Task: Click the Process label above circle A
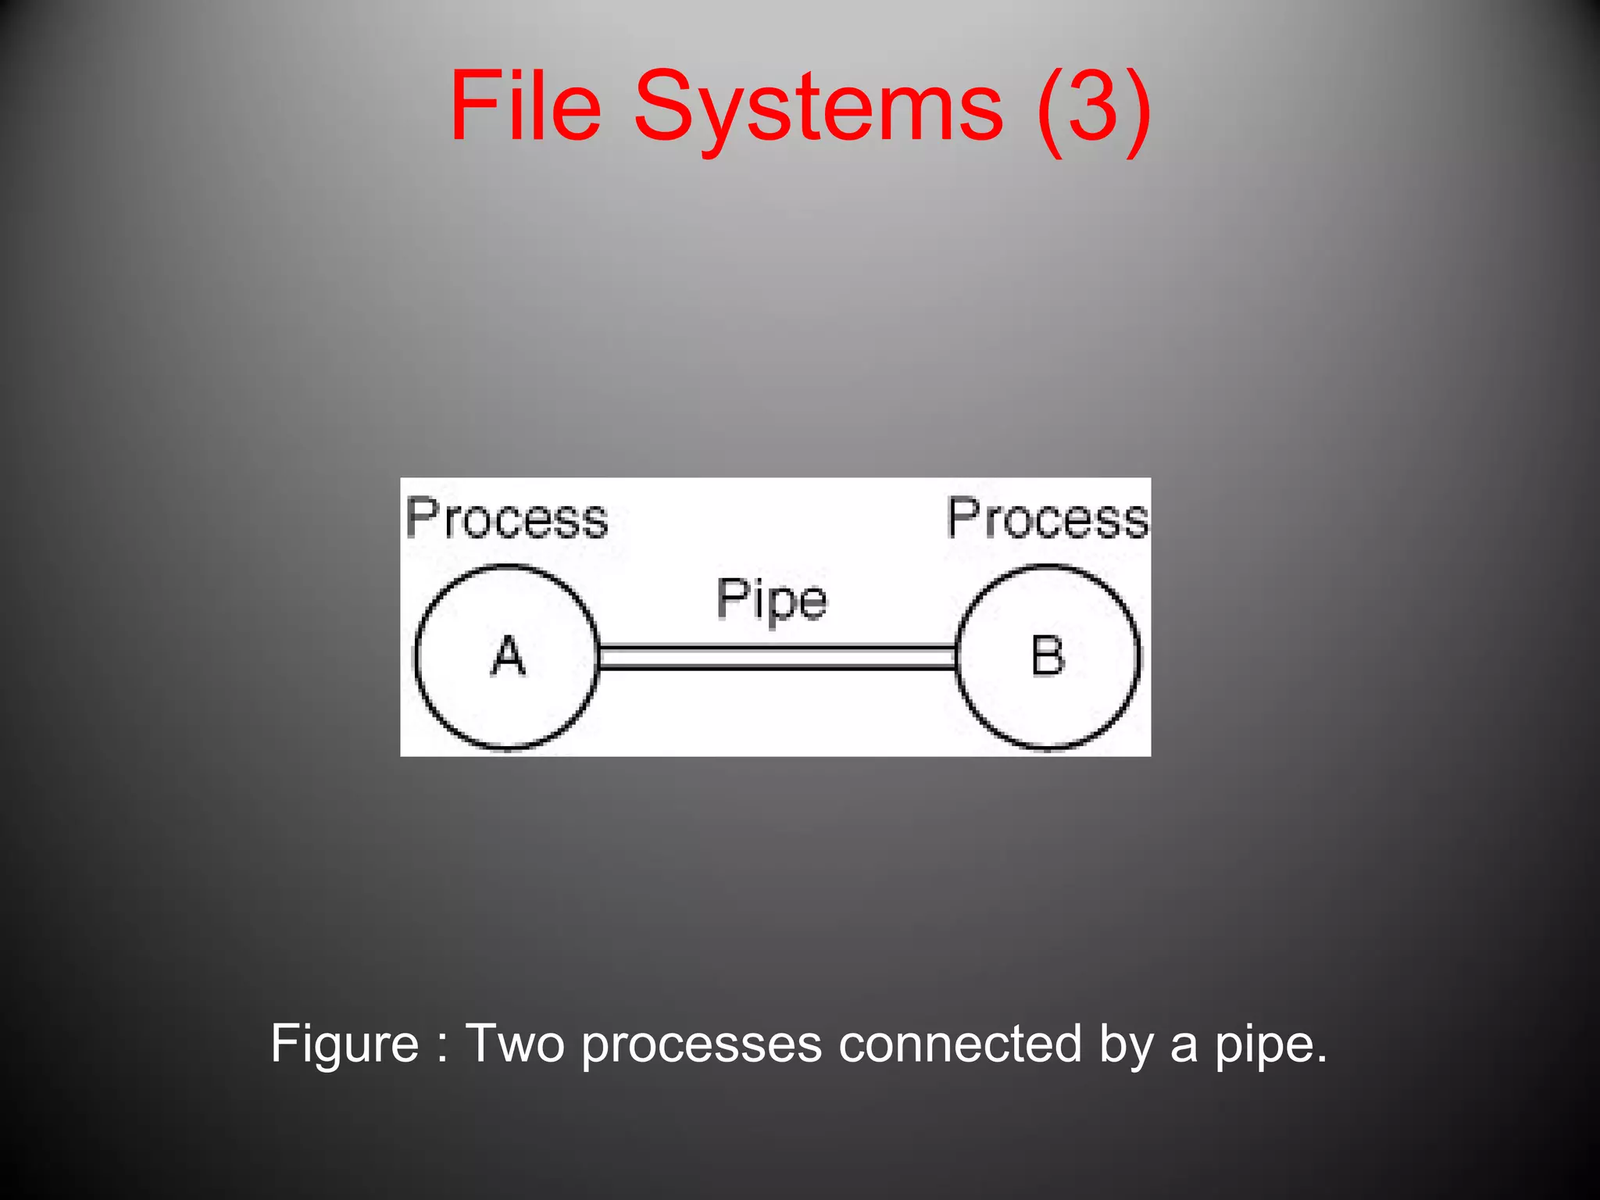click(x=506, y=519)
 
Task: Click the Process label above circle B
click(x=1048, y=519)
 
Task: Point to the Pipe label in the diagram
click(x=771, y=600)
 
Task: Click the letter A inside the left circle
click(x=508, y=656)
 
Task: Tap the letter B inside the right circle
click(x=1048, y=656)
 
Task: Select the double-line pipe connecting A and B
click(x=777, y=657)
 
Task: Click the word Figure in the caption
click(x=345, y=1044)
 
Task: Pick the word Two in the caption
click(x=514, y=1044)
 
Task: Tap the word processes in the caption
click(x=702, y=1045)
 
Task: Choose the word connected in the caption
click(x=960, y=1044)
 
